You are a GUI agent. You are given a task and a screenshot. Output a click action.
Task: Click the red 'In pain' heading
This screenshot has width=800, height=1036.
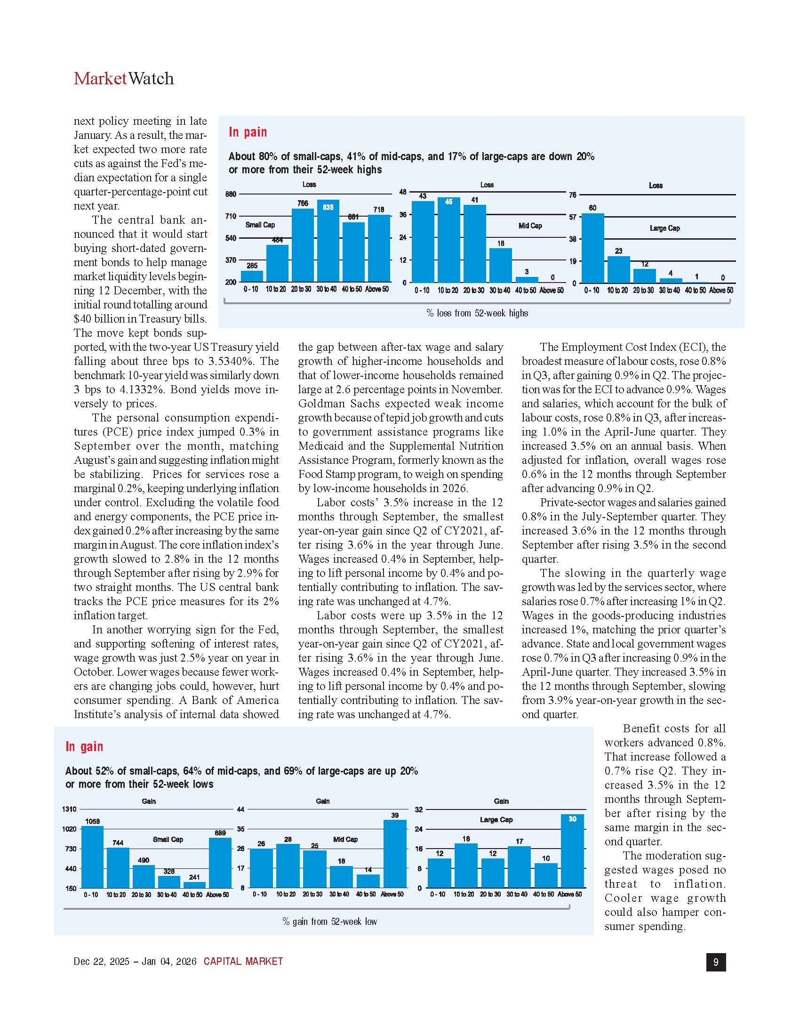pos(248,132)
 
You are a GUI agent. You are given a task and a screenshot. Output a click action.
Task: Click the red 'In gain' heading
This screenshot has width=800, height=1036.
pos(84,746)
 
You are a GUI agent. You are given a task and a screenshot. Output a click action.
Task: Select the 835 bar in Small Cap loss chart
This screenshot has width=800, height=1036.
pos(328,241)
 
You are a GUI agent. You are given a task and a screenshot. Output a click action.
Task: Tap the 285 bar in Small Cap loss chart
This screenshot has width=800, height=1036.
pos(252,276)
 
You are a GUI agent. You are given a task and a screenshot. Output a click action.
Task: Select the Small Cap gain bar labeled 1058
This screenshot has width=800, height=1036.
pos(92,857)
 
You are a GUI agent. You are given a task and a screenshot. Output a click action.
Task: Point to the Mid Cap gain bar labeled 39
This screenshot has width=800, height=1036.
pos(395,853)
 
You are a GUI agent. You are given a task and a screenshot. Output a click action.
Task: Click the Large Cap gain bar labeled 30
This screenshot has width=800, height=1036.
pos(572,851)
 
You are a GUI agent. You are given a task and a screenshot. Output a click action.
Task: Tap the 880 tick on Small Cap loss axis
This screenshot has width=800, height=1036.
pos(231,194)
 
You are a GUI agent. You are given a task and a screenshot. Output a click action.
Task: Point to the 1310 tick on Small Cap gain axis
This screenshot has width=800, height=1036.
pos(69,809)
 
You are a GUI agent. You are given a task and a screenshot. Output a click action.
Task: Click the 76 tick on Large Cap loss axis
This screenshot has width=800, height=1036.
pos(573,195)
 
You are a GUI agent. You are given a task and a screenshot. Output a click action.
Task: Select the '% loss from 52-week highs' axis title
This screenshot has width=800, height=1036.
pos(477,313)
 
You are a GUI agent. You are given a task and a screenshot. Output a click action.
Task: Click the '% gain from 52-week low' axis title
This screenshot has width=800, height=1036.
pos(329,921)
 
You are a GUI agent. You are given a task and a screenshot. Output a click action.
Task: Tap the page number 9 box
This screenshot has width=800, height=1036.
pos(716,962)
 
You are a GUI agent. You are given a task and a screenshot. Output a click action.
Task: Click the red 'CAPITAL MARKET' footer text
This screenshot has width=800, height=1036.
pos(243,962)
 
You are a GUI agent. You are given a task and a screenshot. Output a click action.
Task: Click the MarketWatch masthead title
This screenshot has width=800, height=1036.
pos(124,78)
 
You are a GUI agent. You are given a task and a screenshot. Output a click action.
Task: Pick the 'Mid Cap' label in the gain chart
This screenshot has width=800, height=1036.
pos(345,839)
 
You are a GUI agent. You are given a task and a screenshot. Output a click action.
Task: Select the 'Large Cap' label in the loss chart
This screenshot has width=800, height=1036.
pos(664,228)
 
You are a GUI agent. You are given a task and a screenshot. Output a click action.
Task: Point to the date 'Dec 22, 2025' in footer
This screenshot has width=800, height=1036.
pos(101,962)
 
